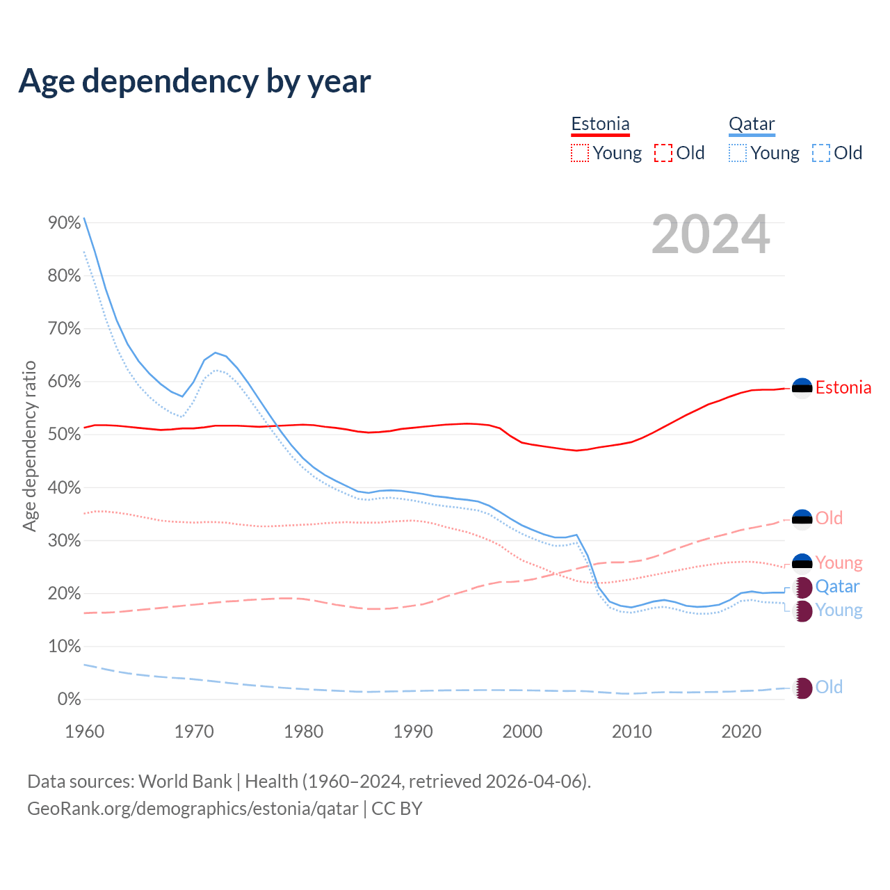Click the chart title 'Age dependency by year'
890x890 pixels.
(x=195, y=81)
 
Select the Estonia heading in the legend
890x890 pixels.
(x=600, y=124)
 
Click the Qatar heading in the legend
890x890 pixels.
(x=752, y=124)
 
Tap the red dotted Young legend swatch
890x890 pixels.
(x=580, y=153)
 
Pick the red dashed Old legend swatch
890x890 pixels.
(x=663, y=153)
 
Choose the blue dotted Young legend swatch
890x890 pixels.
(x=738, y=153)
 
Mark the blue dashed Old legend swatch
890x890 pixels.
(x=821, y=153)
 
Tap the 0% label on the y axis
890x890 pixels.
(x=70, y=699)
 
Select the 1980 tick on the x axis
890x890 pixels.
(x=304, y=731)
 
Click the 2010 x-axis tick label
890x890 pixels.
(x=632, y=731)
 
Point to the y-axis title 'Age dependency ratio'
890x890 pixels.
(x=29, y=446)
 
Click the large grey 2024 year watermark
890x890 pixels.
(x=711, y=235)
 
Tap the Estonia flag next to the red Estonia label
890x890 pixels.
(x=802, y=388)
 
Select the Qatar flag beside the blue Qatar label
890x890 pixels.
(x=802, y=587)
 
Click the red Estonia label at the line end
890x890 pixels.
(x=843, y=388)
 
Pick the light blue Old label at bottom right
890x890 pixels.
(x=829, y=688)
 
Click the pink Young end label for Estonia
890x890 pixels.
(x=839, y=563)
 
